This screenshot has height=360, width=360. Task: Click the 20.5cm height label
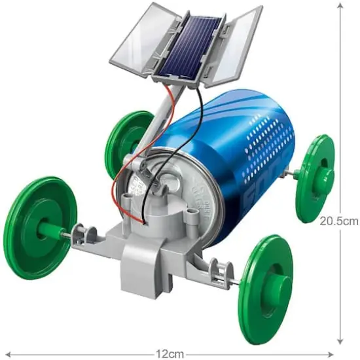338,221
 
